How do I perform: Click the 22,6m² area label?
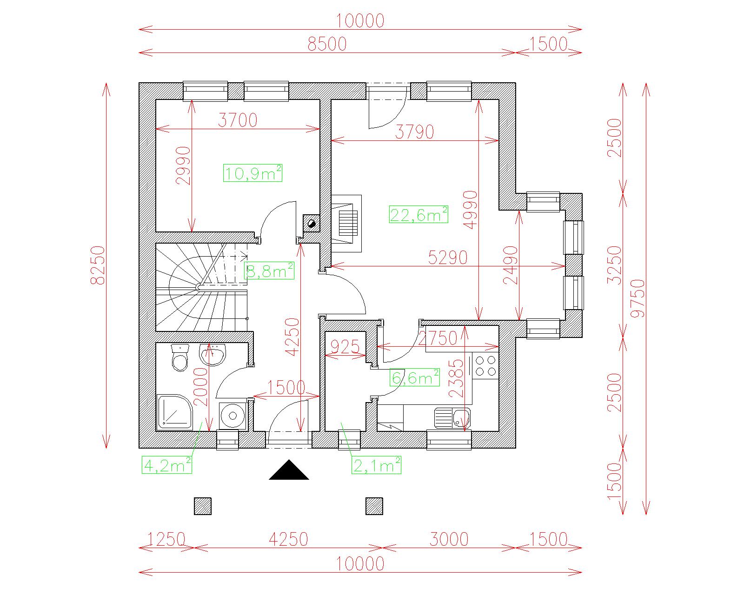(x=418, y=215)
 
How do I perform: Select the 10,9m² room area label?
(x=253, y=173)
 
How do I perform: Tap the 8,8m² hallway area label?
(x=270, y=271)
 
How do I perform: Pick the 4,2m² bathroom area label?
(x=167, y=465)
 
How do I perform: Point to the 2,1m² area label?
(x=376, y=465)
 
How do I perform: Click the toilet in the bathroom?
(x=179, y=358)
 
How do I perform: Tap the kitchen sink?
(x=452, y=417)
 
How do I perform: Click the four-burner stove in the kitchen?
(x=485, y=365)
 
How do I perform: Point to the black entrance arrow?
(x=289, y=470)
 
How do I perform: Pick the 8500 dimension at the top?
(x=327, y=44)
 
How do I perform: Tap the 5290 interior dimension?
(x=447, y=258)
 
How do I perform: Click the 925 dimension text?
(x=345, y=347)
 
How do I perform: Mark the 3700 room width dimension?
(x=238, y=120)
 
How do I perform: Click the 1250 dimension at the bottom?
(x=166, y=540)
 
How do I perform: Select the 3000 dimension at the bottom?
(x=449, y=540)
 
